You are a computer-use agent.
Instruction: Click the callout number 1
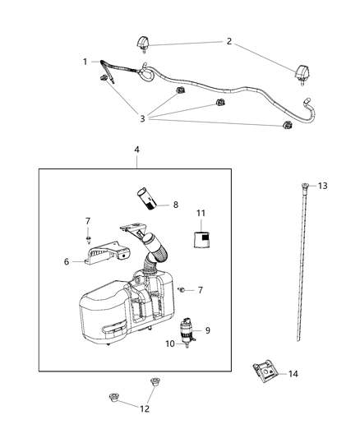point(85,62)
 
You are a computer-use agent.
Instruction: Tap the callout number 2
point(229,41)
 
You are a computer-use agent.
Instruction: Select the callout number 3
point(143,118)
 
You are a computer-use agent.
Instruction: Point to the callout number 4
point(136,150)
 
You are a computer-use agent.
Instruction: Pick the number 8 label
point(175,205)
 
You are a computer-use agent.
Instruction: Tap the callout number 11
point(200,214)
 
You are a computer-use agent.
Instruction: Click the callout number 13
point(323,186)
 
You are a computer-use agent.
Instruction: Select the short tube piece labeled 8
point(145,200)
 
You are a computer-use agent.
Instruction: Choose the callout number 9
point(207,330)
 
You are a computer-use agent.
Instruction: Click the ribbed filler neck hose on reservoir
point(155,250)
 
